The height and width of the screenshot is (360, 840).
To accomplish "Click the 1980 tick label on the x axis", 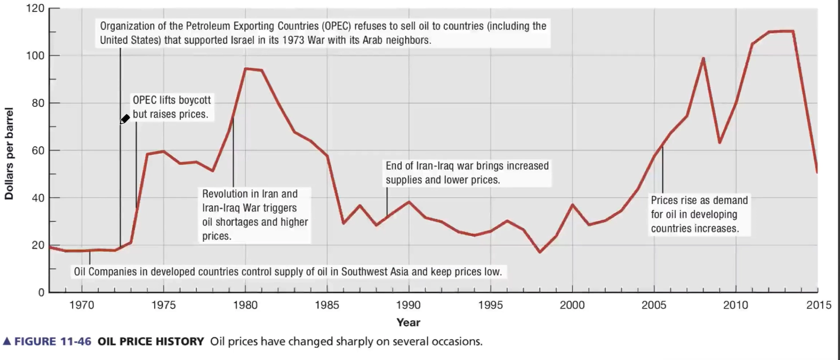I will [245, 305].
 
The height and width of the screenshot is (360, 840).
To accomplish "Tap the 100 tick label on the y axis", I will [35, 56].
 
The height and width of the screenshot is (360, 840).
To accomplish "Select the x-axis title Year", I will [408, 322].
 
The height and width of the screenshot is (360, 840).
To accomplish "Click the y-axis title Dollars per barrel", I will [9, 153].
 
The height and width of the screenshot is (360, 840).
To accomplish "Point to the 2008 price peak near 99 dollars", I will [703, 59].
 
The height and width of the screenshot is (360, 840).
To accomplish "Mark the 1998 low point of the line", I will [540, 252].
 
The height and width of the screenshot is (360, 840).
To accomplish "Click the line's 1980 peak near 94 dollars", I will [246, 69].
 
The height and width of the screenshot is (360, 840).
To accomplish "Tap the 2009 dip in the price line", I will [719, 142].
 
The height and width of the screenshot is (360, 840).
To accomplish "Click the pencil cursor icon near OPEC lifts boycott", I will [125, 119].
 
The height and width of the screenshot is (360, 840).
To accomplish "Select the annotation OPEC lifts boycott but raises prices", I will [171, 107].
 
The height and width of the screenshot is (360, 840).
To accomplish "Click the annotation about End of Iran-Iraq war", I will [467, 173].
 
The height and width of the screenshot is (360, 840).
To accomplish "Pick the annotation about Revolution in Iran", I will [255, 215].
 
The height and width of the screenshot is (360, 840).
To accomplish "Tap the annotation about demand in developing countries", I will [699, 215].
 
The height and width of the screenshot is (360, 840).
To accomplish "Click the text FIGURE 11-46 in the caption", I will [52, 341].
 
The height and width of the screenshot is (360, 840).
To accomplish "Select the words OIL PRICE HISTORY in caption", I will [151, 341].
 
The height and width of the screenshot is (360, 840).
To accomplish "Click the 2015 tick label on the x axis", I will [818, 305].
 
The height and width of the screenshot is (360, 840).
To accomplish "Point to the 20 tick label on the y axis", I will [38, 245].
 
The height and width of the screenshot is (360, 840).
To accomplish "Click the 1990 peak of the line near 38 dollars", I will [408, 202].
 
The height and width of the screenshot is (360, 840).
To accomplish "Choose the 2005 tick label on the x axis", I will [654, 305].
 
